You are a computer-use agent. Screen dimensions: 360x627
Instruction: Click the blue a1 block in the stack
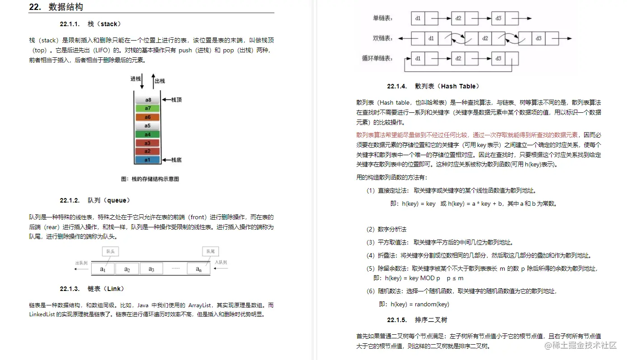148,160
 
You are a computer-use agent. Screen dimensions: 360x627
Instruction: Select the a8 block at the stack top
148,100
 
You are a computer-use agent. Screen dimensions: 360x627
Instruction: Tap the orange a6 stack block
148,117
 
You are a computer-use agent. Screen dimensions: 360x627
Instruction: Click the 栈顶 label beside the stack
176,100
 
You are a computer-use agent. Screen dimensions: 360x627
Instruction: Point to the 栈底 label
176,160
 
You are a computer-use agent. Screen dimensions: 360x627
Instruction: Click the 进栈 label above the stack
136,78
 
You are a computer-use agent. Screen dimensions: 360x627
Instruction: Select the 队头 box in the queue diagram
111,251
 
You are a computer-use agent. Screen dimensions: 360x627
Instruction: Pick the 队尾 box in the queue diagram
211,251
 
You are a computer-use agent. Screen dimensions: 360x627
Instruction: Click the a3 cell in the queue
151,269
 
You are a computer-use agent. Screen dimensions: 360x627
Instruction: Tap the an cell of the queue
199,269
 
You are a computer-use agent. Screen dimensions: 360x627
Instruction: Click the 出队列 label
81,263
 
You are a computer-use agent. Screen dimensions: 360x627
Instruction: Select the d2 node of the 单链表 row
458,18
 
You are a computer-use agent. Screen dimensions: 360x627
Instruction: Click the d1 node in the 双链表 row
431,38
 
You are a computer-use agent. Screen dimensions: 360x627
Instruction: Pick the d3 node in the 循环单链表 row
498,59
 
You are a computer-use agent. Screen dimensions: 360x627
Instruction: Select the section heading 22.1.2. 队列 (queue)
95,200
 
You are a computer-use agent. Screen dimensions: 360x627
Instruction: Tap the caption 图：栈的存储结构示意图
150,179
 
